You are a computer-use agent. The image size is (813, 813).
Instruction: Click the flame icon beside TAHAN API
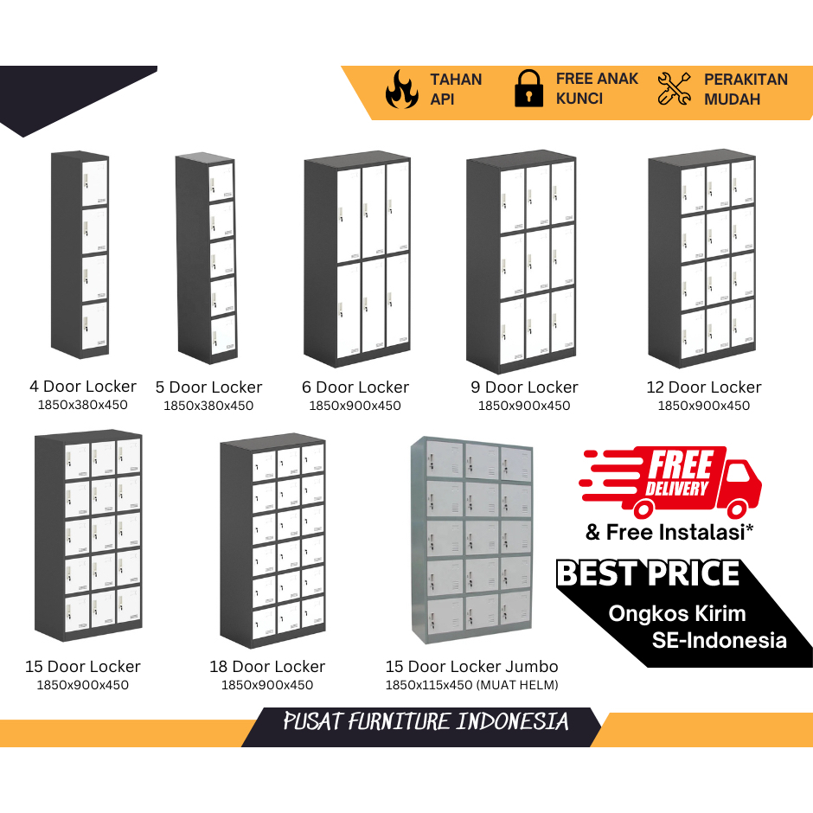(x=402, y=89)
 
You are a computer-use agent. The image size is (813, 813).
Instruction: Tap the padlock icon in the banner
(x=528, y=89)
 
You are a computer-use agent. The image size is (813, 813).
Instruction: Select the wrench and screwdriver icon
(x=675, y=89)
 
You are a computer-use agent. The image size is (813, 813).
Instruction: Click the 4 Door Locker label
(x=83, y=387)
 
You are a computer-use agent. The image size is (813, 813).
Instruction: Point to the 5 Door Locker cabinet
(x=207, y=258)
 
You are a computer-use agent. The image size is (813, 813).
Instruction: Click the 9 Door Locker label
(x=524, y=387)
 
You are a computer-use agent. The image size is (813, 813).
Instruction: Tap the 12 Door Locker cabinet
(x=702, y=258)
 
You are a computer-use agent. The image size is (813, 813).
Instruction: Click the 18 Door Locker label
(x=267, y=667)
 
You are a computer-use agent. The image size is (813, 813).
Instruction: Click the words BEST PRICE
(x=648, y=574)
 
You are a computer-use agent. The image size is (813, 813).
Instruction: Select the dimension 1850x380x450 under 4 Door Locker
(x=83, y=405)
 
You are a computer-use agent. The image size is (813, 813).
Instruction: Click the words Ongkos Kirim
(x=676, y=614)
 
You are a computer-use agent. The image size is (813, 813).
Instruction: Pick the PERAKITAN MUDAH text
(x=746, y=89)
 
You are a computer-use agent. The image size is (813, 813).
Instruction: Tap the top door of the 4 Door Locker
(x=95, y=182)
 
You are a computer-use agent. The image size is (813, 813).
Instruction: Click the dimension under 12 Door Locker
(x=704, y=406)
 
